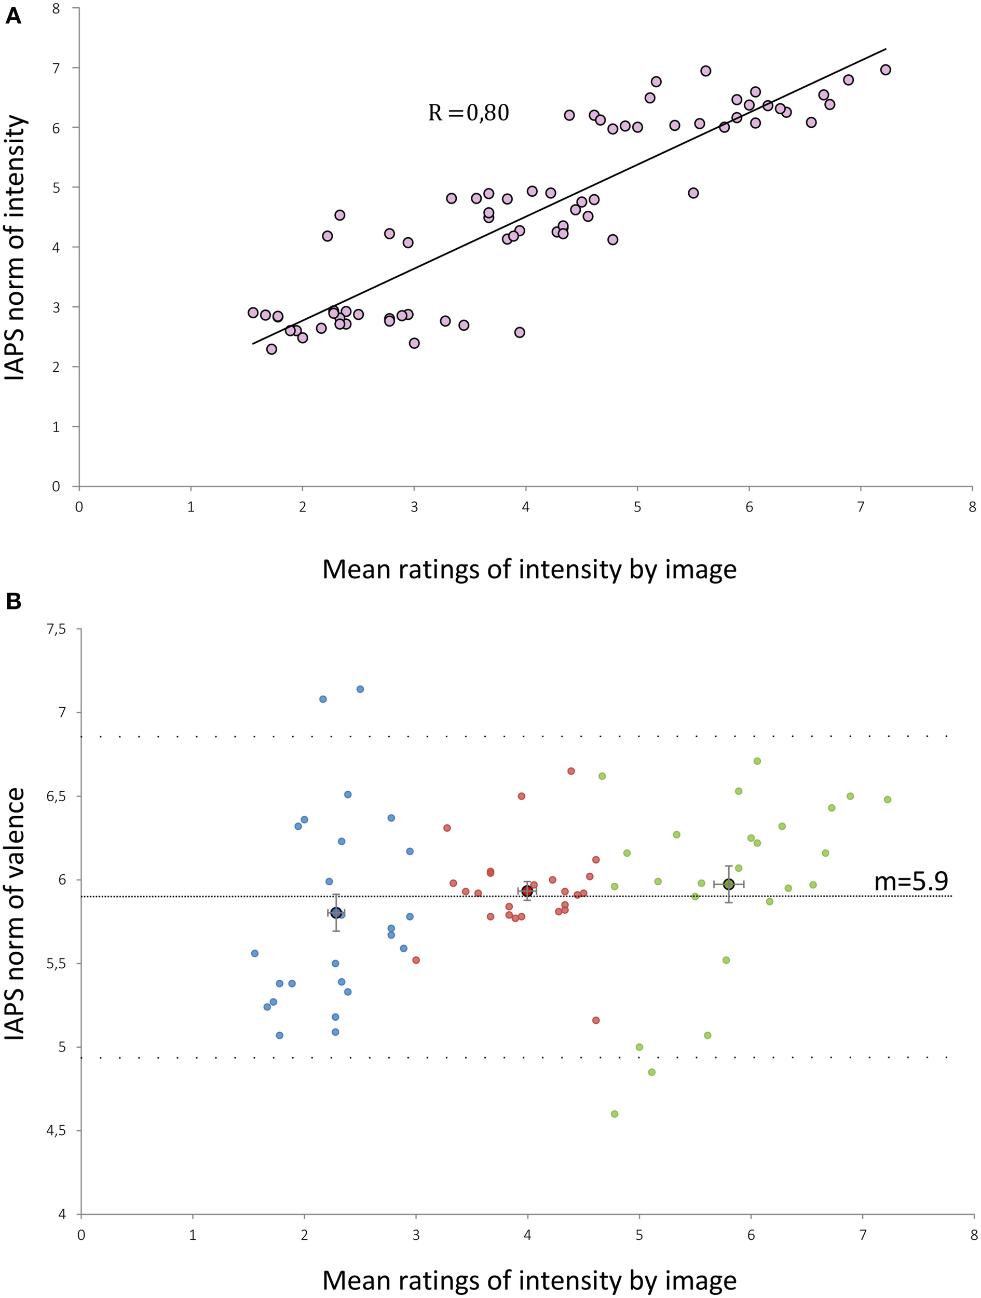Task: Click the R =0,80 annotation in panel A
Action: pos(468,112)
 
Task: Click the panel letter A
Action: pos(13,16)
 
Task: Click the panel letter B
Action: pos(13,601)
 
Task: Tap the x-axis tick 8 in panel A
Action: pos(972,507)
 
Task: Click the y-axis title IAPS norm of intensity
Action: pos(15,247)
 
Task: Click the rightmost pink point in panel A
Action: pos(885,70)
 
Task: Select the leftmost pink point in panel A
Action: pos(253,313)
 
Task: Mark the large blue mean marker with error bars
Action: pos(336,912)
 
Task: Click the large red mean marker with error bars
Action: pos(527,891)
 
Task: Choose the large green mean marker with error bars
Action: pos(729,884)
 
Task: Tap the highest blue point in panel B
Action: pos(360,689)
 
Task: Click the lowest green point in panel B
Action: pos(615,1114)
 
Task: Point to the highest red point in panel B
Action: pos(571,771)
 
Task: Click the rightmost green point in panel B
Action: pos(887,799)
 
